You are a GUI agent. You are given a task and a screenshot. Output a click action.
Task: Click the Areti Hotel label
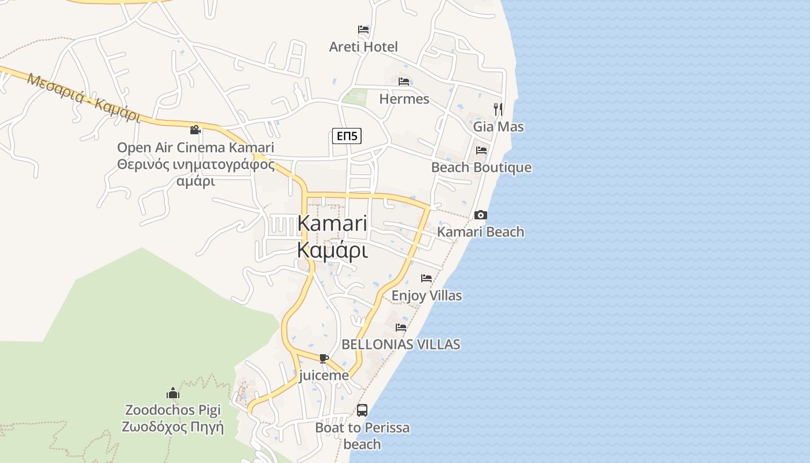363,47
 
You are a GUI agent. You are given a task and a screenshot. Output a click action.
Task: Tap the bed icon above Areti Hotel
363,29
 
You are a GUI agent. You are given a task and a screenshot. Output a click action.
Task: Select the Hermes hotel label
404,99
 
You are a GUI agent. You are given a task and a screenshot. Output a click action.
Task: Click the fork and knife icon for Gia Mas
498,108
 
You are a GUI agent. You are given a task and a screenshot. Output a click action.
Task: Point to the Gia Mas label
498,126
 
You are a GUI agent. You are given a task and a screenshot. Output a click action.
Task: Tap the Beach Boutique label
481,167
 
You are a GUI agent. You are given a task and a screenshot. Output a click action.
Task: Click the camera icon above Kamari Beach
480,215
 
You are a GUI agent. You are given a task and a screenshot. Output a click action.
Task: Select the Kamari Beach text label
480,231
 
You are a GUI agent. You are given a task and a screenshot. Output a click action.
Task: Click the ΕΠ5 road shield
347,137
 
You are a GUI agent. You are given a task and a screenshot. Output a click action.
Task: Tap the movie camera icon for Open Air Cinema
196,130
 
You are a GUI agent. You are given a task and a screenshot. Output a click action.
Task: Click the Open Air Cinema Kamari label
196,148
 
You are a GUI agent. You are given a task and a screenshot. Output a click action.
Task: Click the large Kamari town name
332,223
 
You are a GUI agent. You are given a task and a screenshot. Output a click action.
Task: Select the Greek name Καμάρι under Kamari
332,250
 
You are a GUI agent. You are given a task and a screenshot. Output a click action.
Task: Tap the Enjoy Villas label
426,296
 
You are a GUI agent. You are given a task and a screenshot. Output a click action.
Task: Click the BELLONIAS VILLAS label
401,344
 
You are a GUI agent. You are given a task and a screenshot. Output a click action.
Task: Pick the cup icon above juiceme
324,358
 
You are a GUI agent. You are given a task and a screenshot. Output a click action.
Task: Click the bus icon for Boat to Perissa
362,410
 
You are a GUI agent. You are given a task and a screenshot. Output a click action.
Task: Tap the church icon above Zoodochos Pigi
172,394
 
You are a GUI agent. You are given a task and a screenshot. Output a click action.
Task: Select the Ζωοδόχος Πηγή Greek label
172,427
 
